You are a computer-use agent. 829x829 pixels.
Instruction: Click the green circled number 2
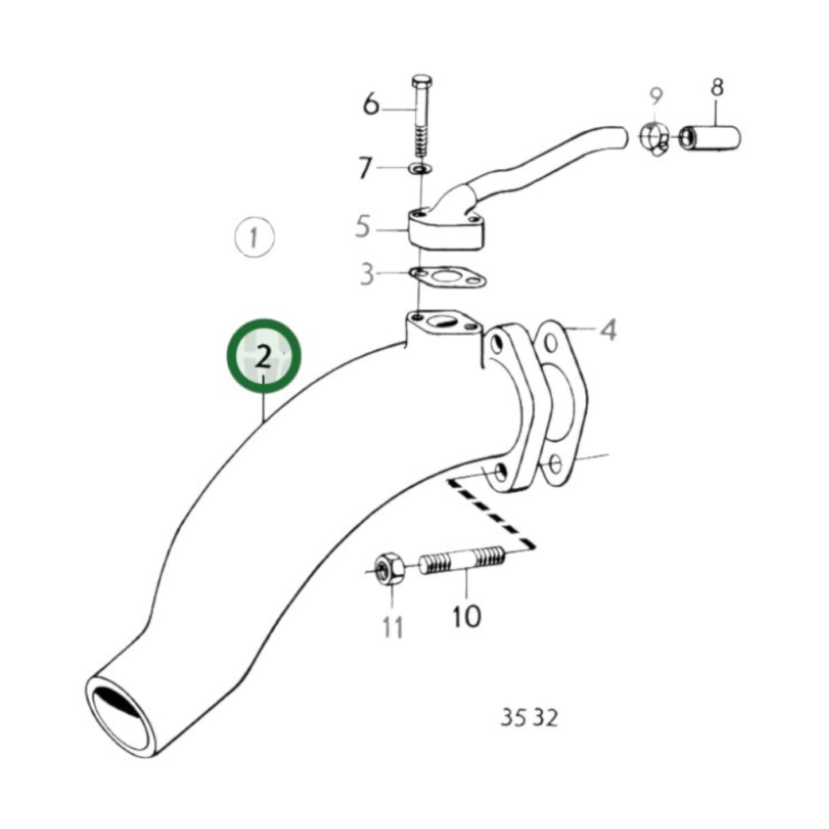[263, 357]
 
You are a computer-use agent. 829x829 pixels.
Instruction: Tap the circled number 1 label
[254, 237]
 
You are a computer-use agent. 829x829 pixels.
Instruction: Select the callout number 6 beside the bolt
[372, 105]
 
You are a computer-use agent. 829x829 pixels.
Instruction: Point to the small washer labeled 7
[421, 169]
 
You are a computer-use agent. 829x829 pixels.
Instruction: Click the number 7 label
[365, 168]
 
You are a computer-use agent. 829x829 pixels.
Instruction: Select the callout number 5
[363, 227]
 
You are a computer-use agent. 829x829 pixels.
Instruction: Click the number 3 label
[367, 275]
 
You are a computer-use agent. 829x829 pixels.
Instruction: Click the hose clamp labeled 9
[653, 138]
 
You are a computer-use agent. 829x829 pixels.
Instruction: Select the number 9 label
[656, 96]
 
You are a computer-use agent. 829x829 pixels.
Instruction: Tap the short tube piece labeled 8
[710, 138]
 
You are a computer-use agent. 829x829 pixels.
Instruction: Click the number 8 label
[717, 88]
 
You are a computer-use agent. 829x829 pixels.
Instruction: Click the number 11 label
[393, 627]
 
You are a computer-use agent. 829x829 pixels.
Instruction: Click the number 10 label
[466, 617]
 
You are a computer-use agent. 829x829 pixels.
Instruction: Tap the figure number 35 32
[528, 718]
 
